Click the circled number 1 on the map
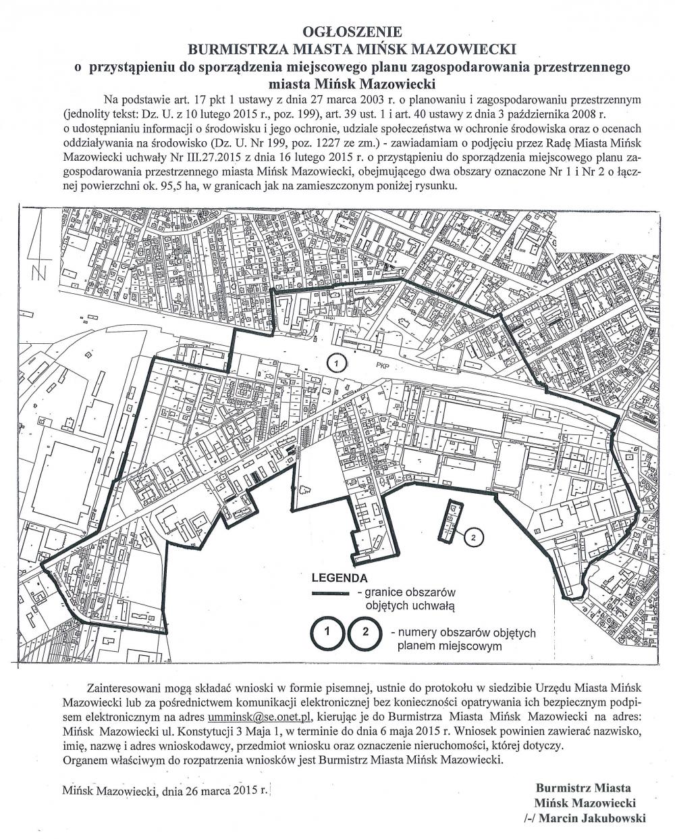tap(337, 363)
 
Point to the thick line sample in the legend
tap(330, 594)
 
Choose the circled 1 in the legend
tap(327, 633)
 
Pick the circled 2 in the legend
tap(365, 633)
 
